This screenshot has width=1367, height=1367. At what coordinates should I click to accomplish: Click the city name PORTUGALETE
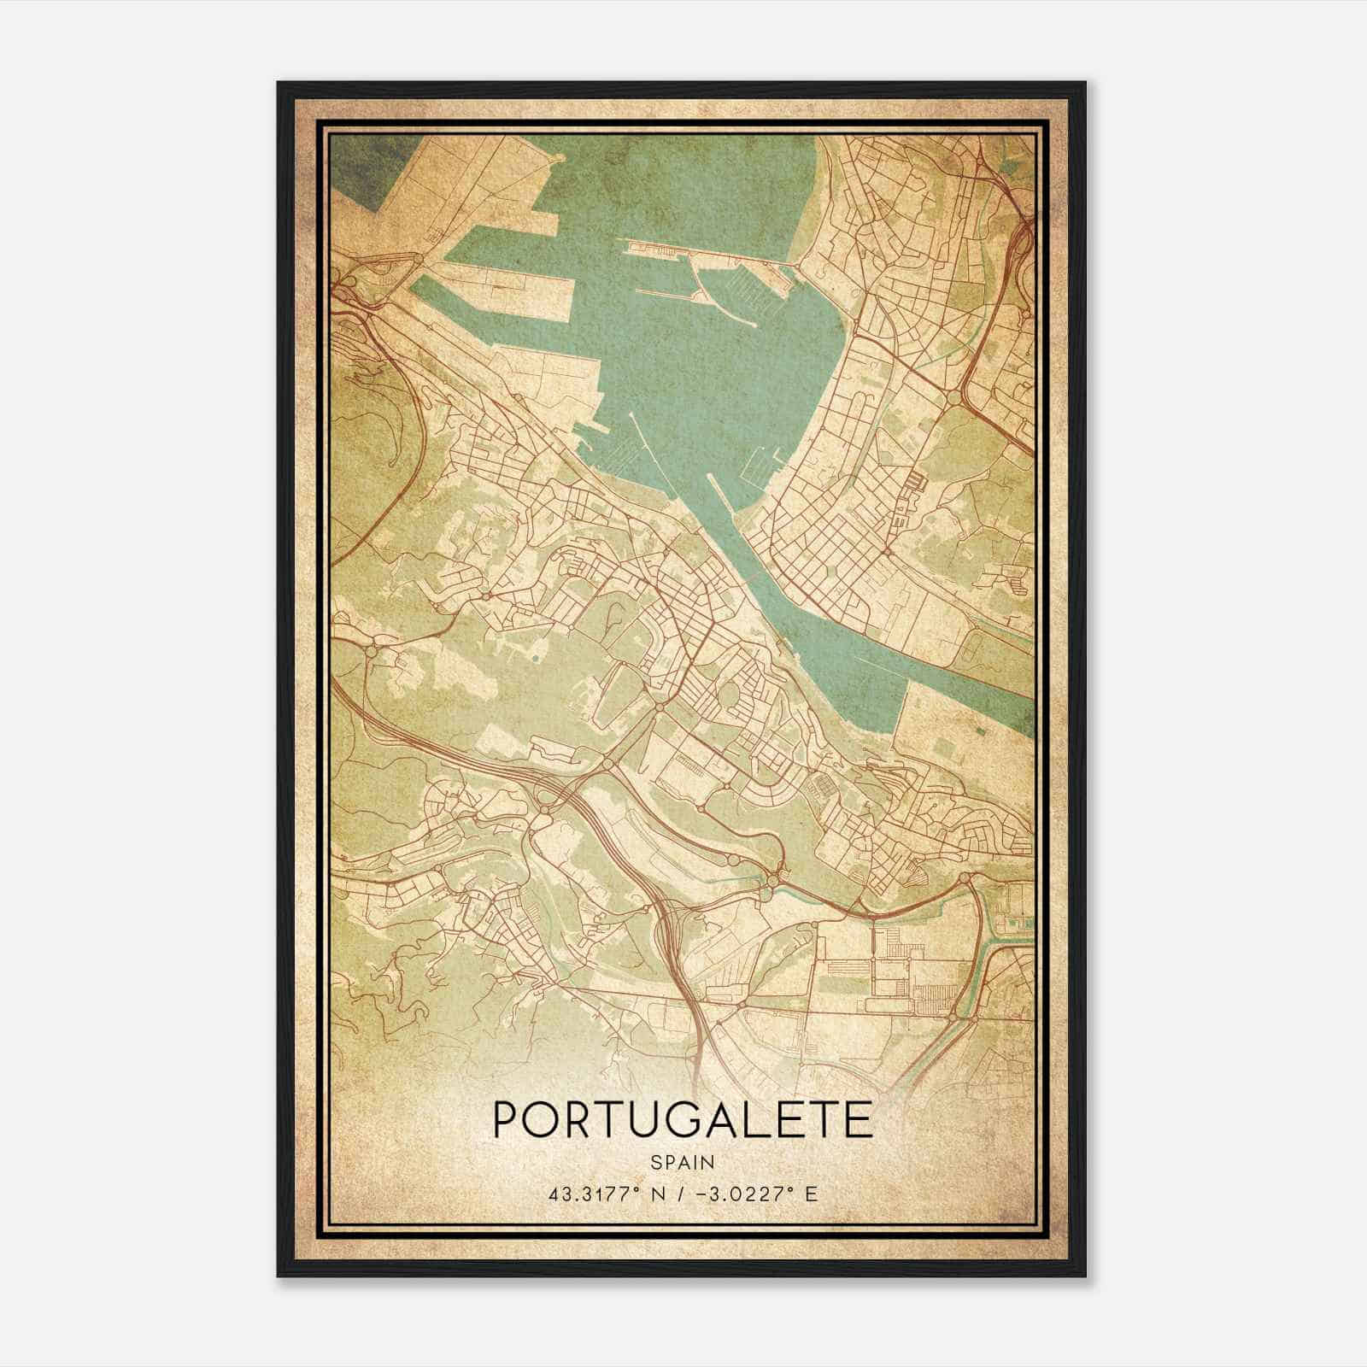pyautogui.click(x=683, y=1120)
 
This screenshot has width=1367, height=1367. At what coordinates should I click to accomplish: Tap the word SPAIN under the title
pyautogui.click(x=683, y=1162)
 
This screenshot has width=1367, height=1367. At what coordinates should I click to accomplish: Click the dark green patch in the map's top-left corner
pyautogui.click(x=363, y=162)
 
